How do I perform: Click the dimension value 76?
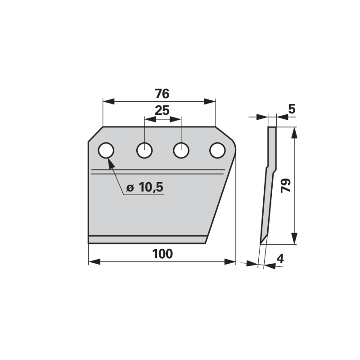pyautogui.click(x=162, y=94)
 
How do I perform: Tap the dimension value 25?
pyautogui.click(x=162, y=110)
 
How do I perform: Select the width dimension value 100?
pyautogui.click(x=162, y=254)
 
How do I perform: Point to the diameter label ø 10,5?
pyautogui.click(x=145, y=187)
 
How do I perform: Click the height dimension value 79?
pyautogui.click(x=286, y=185)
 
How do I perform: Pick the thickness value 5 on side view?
pyautogui.click(x=292, y=109)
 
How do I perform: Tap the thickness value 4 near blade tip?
pyautogui.click(x=280, y=259)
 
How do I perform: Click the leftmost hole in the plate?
pyautogui.click(x=106, y=150)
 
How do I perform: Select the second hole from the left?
pyautogui.click(x=144, y=150)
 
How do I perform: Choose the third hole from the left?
pyautogui.click(x=181, y=150)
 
